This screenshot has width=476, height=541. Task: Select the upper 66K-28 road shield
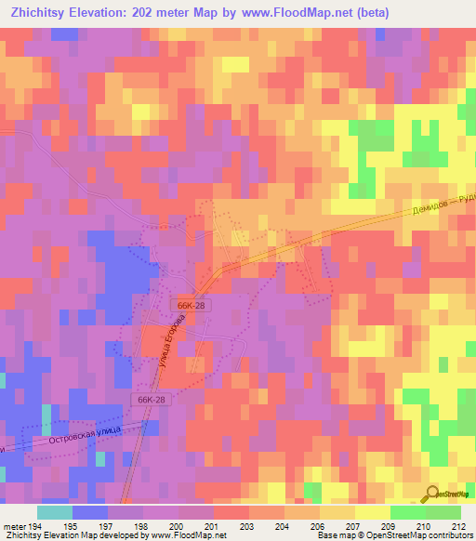[188, 305]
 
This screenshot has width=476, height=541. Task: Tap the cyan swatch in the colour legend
[54, 512]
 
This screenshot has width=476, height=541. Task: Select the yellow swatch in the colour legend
[372, 512]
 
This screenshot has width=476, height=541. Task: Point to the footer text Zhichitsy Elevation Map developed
[74, 535]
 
